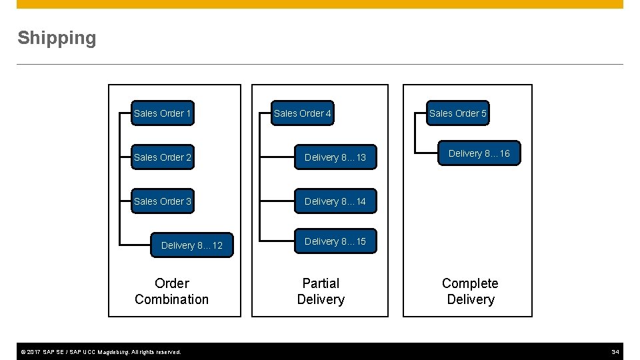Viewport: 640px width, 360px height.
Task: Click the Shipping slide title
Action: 57,38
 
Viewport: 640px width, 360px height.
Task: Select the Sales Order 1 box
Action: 163,113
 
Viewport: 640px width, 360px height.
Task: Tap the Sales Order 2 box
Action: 163,157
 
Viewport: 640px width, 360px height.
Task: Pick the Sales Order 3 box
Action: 163,201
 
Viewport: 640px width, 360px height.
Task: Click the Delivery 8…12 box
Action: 192,245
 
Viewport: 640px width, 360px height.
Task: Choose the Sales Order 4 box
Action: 303,113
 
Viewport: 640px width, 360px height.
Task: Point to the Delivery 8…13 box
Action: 335,157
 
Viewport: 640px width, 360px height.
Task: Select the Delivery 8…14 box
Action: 335,201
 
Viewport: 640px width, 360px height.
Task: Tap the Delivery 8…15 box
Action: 335,241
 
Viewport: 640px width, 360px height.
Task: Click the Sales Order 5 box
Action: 458,113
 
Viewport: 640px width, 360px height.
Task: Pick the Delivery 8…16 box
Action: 479,153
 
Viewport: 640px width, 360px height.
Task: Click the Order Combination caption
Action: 171,291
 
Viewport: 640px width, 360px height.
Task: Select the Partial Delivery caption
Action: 321,291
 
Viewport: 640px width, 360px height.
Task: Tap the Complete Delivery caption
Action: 470,291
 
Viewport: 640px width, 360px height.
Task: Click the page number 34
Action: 615,352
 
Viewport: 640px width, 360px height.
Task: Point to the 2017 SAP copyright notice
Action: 99,352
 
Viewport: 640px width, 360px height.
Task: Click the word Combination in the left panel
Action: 171,299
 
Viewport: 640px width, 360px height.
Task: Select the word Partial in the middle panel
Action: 321,283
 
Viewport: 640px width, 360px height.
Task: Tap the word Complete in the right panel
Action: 470,283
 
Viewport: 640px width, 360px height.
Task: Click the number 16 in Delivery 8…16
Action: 504,153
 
